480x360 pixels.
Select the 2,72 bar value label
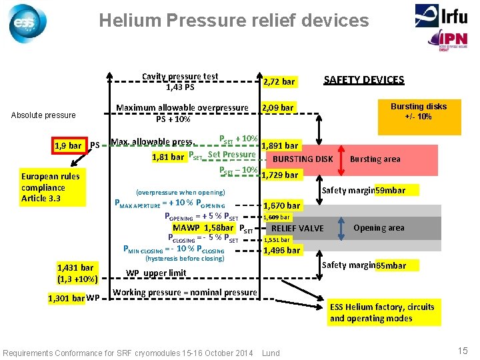coord(279,81)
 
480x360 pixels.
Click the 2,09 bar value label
coord(277,107)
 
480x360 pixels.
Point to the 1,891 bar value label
coord(281,146)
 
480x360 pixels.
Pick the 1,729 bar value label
coord(280,175)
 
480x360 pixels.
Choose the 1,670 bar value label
coord(282,205)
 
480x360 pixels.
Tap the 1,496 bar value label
coord(282,250)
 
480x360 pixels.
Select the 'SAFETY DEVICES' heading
coord(363,80)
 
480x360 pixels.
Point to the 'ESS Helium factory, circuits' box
coord(382,312)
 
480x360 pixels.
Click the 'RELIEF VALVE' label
coord(297,228)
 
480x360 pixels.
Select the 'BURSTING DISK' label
coord(303,159)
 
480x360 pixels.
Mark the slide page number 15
coord(463,351)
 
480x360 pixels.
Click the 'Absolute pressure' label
coord(43,115)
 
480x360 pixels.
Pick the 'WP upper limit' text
coord(156,273)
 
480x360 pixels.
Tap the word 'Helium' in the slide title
coord(128,21)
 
